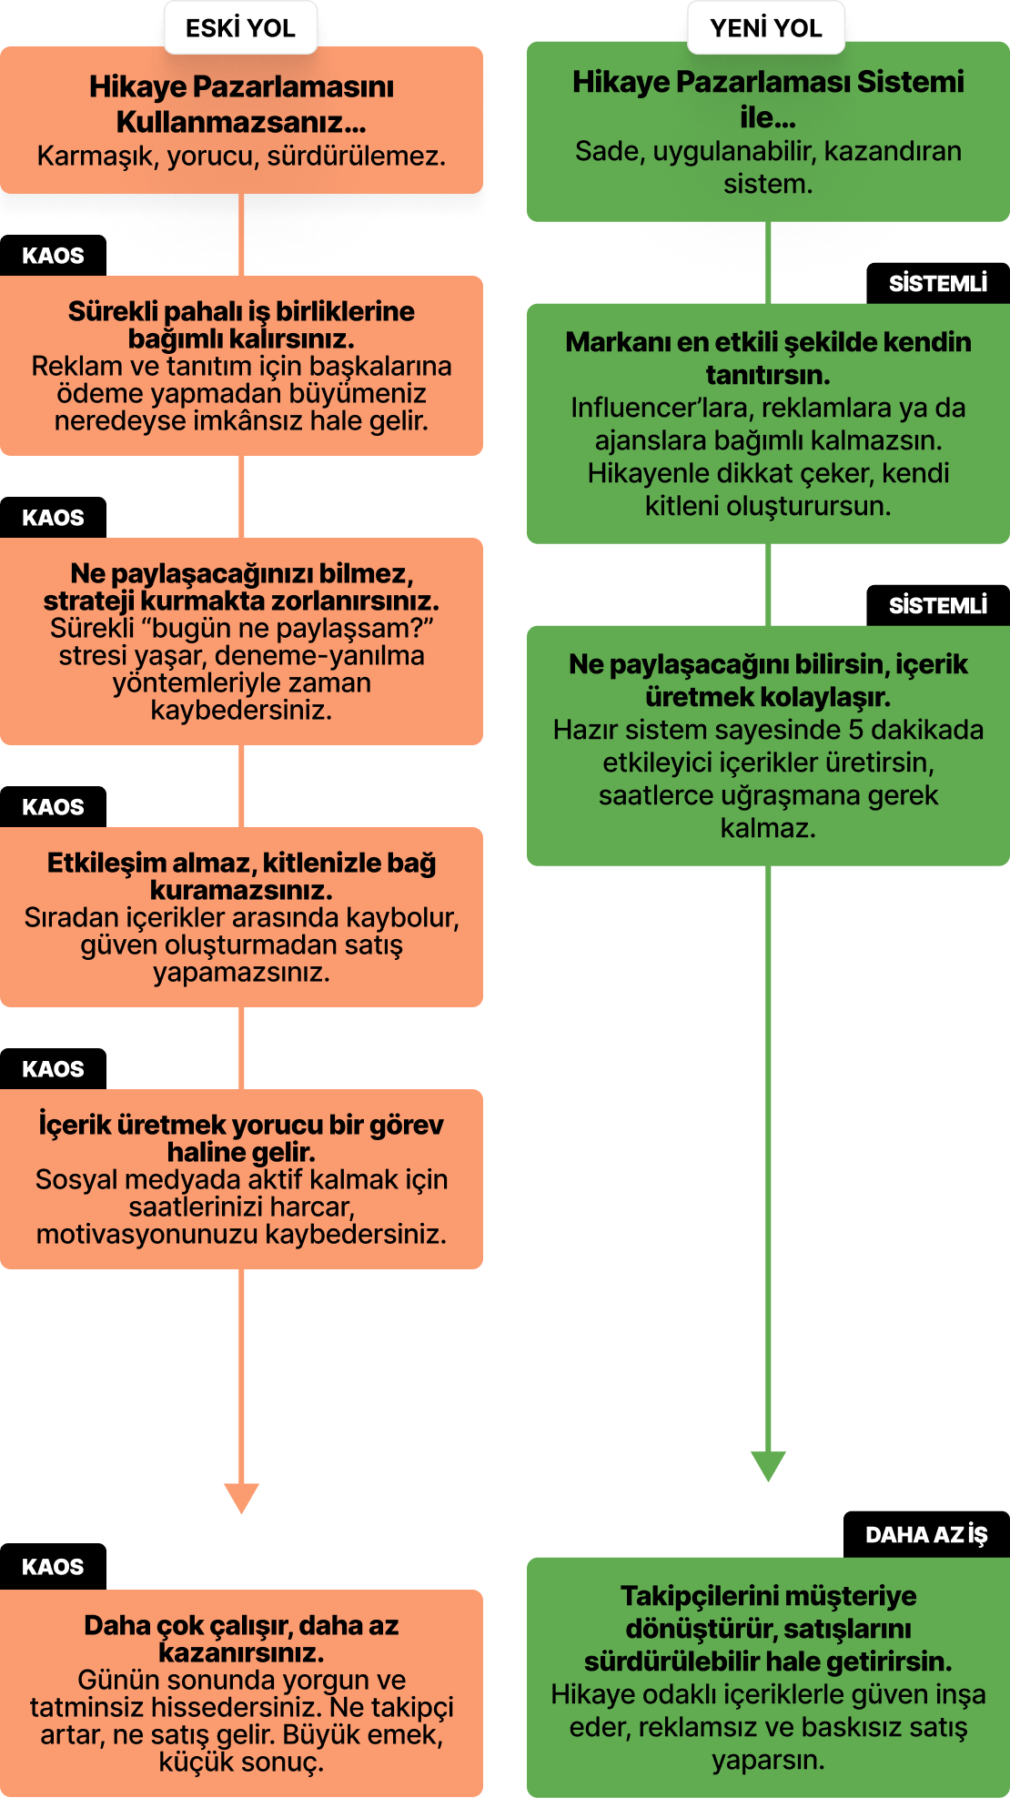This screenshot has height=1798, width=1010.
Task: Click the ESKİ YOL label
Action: (240, 27)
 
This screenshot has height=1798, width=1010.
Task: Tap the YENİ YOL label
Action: (766, 27)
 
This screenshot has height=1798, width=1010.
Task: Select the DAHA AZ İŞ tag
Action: (926, 1534)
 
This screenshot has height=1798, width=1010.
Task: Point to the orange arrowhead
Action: (241, 1498)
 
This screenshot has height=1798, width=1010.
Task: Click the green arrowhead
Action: (768, 1466)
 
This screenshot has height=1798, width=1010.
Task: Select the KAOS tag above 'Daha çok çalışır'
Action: (53, 1566)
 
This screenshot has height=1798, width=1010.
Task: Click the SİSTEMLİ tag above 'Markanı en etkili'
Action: (938, 283)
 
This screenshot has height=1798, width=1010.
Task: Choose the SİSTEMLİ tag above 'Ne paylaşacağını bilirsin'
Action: (938, 605)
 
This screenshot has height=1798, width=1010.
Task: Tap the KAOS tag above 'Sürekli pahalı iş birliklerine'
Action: (53, 256)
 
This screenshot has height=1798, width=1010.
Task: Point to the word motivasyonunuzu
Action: (147, 1234)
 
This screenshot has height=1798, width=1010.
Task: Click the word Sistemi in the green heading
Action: (911, 82)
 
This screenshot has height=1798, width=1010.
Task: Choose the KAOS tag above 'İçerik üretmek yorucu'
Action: (53, 1069)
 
